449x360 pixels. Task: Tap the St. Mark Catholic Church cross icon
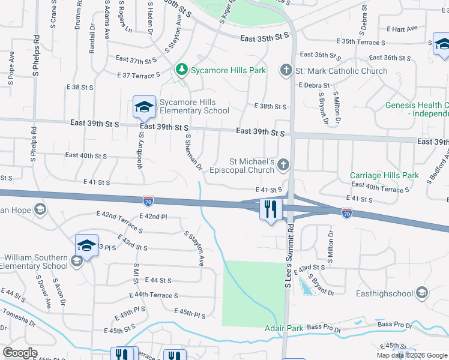(286, 71)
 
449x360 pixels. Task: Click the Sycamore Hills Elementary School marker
(145, 107)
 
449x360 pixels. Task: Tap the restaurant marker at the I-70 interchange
(271, 209)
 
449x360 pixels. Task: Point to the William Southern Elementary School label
(34, 262)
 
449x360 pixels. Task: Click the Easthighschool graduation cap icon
(422, 293)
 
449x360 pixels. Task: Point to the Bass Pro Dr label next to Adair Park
(324, 329)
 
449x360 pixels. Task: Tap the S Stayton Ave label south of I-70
(194, 249)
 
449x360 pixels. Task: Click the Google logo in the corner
(20, 353)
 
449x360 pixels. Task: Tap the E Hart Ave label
(402, 28)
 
